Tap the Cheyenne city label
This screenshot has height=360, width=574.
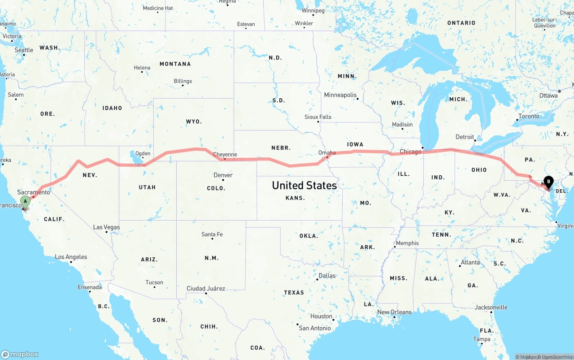(225, 155)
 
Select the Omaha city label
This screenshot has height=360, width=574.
(327, 152)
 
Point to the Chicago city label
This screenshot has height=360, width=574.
(410, 152)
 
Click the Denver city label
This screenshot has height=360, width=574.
(223, 175)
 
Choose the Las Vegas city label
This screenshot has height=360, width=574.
(106, 227)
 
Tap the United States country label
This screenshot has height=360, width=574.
(304, 185)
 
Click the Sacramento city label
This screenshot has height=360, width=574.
(34, 192)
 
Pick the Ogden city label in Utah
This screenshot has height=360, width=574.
(143, 153)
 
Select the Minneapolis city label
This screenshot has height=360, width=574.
(340, 95)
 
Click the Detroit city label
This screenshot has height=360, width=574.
(465, 137)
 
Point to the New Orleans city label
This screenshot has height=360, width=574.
(394, 312)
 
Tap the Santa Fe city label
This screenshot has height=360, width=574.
(212, 234)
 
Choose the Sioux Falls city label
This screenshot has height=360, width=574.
(318, 117)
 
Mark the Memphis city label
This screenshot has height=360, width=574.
(407, 243)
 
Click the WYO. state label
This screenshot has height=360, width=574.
(194, 121)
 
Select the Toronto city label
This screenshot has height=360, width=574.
(529, 116)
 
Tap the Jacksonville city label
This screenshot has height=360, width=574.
(491, 307)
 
